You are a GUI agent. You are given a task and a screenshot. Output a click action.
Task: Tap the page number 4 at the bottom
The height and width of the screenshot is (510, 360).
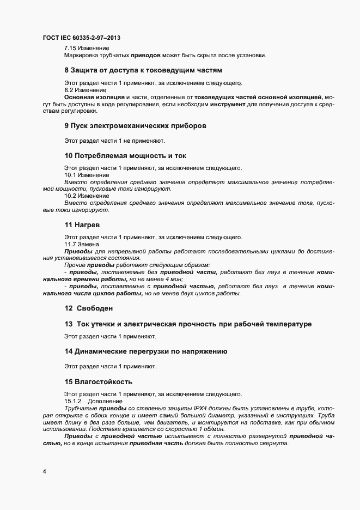[x=44, y=471]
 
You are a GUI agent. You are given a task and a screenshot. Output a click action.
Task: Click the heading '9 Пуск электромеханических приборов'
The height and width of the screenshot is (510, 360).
[x=135, y=126]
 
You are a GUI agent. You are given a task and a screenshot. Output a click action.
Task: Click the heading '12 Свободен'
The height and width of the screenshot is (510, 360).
[x=89, y=308]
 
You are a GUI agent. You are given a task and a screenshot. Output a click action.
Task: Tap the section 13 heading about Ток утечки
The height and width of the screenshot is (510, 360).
[x=188, y=324]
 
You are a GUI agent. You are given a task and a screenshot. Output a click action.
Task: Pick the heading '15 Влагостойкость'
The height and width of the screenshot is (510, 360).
[x=98, y=381]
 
